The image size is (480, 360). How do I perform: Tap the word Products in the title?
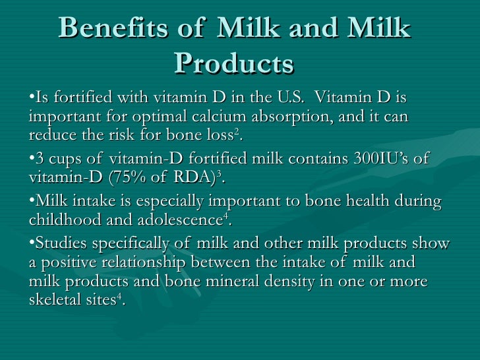click(234, 63)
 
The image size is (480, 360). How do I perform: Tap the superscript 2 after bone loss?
click(238, 132)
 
